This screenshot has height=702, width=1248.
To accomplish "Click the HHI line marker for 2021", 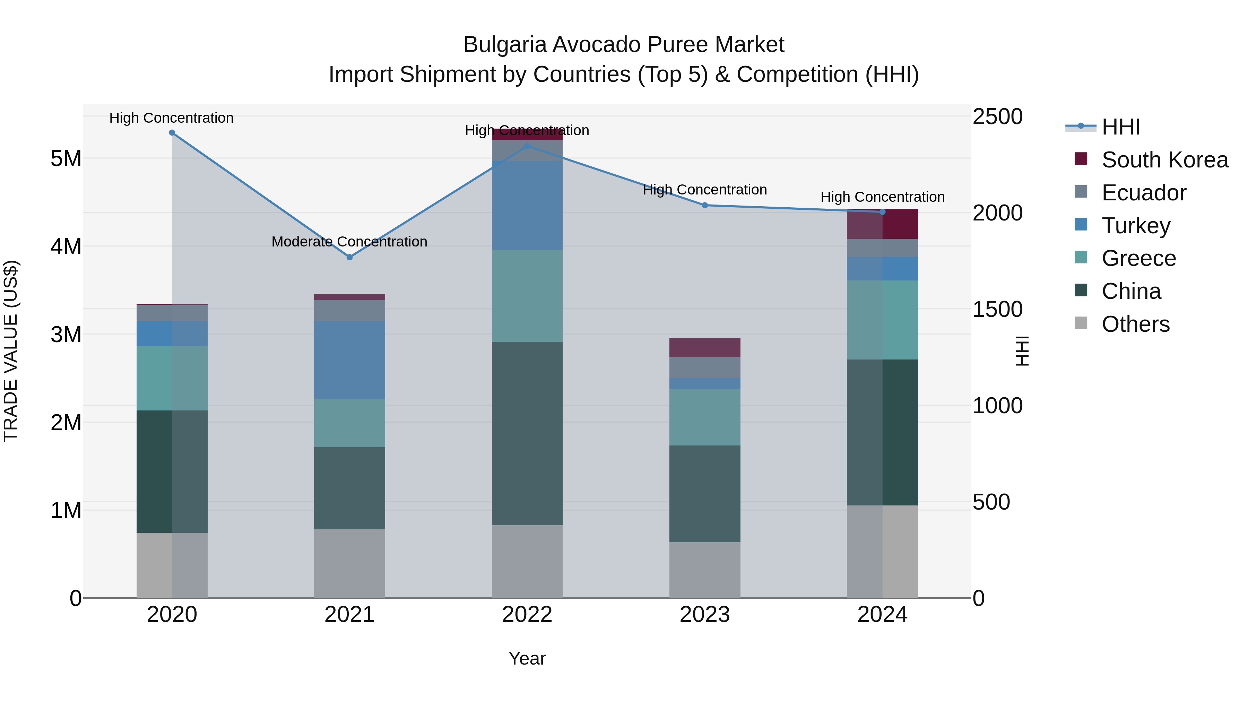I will coord(349,257).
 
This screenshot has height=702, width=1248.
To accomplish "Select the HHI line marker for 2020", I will coord(172,133).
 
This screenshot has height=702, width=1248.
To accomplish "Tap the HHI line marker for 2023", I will coord(705,206).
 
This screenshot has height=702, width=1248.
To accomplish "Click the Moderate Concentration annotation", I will coord(349,241).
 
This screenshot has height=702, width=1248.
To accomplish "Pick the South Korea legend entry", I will coord(1165,160).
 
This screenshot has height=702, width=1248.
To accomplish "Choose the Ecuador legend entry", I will coord(1144,193).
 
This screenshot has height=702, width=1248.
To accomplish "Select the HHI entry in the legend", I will coord(1120,127).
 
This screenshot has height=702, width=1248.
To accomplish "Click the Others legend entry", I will coord(1135,324).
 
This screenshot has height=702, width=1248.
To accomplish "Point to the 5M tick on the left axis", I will coord(66,158).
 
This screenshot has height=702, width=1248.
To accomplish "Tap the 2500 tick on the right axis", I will coord(997,117).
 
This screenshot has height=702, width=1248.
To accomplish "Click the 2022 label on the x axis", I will coord(527,615).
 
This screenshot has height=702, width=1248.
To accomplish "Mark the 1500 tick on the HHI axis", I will coord(997,309).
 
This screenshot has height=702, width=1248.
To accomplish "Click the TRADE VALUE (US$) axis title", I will coord(11,351).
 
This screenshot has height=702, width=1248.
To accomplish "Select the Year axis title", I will coord(527,658).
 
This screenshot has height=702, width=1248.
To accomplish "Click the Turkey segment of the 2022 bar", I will coord(527,206).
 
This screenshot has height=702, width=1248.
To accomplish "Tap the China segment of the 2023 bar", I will coord(705,493).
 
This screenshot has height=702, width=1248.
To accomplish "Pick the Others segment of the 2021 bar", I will coord(349,563).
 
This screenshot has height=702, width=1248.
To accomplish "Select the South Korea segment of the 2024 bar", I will coord(882,224).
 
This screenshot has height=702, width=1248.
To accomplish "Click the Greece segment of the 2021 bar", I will coord(349,423).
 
